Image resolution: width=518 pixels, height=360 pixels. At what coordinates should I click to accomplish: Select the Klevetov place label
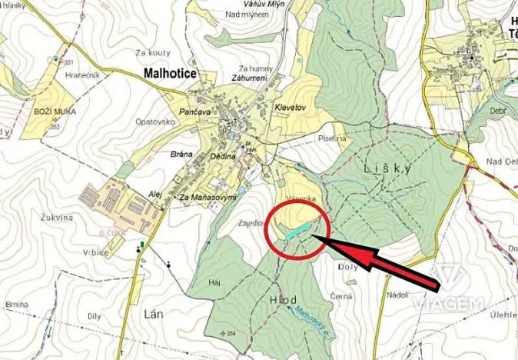290,110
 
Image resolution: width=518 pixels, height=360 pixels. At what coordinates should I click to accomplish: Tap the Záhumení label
247,79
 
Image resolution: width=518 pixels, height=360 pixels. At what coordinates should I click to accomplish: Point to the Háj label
215,282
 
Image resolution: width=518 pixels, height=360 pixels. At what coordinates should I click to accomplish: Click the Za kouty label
151,52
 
